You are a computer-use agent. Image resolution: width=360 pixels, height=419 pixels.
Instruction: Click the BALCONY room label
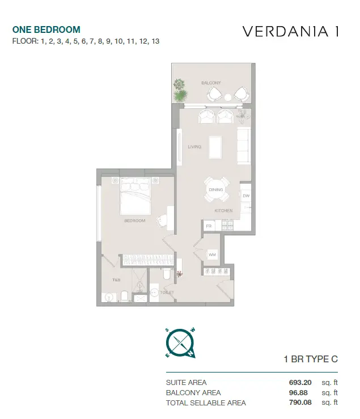(211, 83)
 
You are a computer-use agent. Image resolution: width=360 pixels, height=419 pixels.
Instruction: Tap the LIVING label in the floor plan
(194, 147)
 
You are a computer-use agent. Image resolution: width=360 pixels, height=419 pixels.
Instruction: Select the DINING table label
(215, 189)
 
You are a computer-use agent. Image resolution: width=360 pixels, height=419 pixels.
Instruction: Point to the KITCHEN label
(223, 210)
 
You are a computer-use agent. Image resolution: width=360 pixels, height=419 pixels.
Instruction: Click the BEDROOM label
(135, 221)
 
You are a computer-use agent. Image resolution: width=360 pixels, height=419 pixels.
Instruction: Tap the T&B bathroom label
(116, 280)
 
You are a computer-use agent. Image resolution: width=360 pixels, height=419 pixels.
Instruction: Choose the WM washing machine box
(212, 255)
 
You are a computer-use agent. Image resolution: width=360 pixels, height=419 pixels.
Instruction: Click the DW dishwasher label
(246, 196)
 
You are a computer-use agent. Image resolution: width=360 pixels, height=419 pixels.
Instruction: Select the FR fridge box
(209, 226)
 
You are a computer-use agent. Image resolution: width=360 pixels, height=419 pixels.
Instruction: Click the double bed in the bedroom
(135, 196)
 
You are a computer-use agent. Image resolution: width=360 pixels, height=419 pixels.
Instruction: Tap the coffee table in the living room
(215, 147)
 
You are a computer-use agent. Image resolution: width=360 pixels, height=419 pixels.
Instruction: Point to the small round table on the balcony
(228, 98)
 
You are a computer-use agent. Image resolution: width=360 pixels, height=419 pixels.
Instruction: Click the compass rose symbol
(180, 343)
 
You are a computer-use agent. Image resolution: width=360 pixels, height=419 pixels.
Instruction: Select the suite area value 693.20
(300, 382)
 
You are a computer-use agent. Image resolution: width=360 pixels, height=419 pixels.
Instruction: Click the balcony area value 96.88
(298, 392)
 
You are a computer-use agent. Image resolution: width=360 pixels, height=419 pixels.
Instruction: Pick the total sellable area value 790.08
(300, 402)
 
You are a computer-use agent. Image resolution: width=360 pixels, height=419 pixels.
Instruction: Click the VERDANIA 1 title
(290, 31)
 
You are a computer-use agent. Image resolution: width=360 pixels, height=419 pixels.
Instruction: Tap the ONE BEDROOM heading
(46, 29)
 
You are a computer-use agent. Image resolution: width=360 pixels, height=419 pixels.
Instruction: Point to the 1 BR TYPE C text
(311, 359)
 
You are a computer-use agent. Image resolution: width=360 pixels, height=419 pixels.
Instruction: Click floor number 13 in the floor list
(155, 41)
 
